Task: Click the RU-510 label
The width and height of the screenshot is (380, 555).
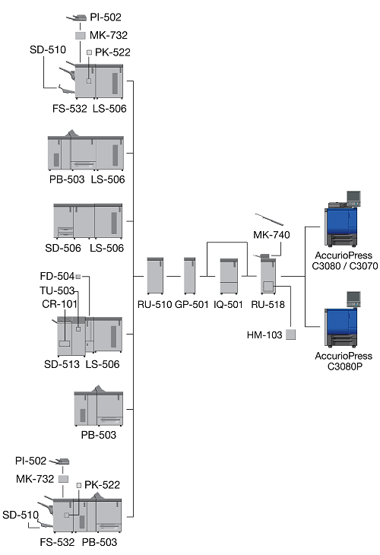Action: click(154, 304)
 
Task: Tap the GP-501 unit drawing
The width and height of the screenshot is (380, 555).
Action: click(190, 275)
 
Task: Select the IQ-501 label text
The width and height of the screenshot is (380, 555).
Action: click(228, 304)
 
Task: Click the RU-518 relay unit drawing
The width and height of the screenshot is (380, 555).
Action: click(268, 274)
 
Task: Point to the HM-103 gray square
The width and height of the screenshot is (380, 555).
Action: click(290, 335)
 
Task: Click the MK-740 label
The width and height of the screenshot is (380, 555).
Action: click(271, 235)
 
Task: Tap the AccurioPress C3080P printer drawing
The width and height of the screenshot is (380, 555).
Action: click(342, 319)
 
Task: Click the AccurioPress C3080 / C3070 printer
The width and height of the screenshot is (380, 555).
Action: click(343, 219)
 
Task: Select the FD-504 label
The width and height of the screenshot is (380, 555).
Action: click(57, 276)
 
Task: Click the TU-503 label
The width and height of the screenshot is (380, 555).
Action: click(56, 290)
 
